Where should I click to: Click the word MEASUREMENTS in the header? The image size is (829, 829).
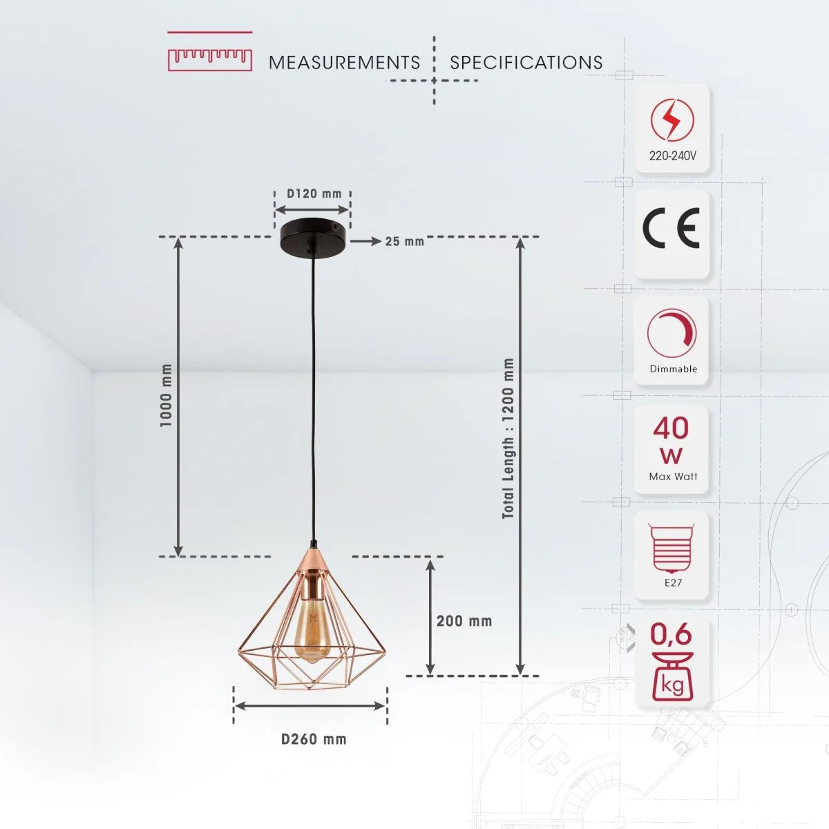click(344, 63)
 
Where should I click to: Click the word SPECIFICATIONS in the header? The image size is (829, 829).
click(526, 63)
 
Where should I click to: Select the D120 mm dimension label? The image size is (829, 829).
click(314, 193)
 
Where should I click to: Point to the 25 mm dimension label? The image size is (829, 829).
click(405, 241)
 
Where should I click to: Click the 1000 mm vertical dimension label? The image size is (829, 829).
click(166, 396)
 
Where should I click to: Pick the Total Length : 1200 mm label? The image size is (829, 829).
click(508, 439)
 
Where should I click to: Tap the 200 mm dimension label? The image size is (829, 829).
click(464, 621)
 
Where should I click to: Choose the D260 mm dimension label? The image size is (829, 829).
click(314, 739)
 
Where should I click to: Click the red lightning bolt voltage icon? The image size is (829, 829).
click(671, 120)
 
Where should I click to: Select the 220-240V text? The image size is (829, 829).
click(672, 156)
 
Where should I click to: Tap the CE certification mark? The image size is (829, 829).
click(671, 228)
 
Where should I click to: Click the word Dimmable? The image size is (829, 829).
click(673, 369)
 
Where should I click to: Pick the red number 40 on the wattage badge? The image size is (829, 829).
click(671, 428)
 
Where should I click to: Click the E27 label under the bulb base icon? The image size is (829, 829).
click(673, 582)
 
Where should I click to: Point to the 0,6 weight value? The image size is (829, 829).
click(671, 633)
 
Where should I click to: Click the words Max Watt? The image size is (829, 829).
click(673, 477)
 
